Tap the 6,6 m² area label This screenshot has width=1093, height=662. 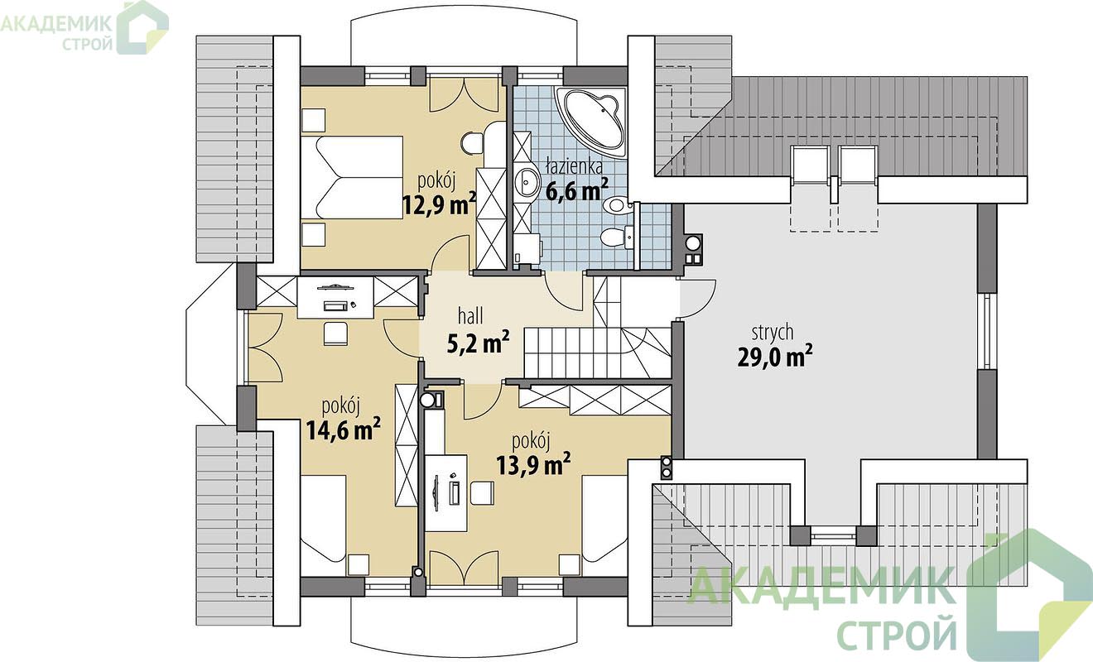click(577, 189)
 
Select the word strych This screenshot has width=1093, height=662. click(773, 333)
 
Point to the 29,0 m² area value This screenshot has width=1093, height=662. click(775, 357)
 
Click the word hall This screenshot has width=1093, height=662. click(471, 316)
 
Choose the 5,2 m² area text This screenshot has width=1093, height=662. click(479, 343)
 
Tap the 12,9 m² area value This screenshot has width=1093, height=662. click(439, 204)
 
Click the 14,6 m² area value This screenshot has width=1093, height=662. click(344, 429)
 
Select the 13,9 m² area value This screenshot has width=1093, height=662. click(534, 463)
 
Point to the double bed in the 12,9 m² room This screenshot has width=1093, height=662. click(352, 177)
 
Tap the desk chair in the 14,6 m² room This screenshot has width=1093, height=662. click(335, 334)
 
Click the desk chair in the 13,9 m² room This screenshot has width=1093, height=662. click(483, 493)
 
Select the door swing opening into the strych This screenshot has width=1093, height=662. click(699, 298)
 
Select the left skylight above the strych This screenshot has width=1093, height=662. click(810, 165)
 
